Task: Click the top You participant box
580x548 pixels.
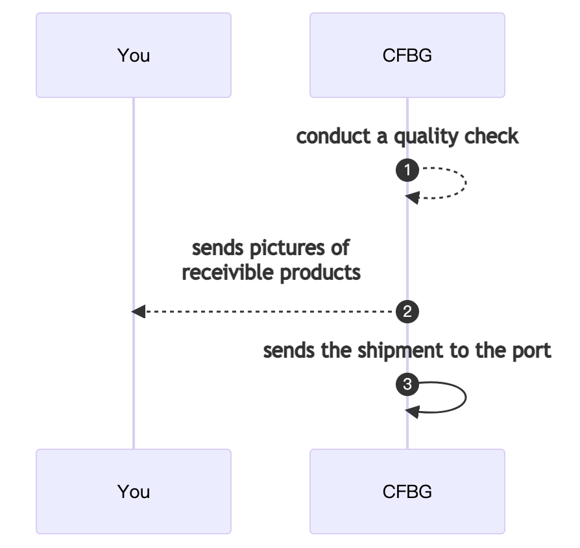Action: point(134,55)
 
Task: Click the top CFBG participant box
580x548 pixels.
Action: point(407,55)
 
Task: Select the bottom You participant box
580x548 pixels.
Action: point(134,492)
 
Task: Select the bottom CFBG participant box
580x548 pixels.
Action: point(407,492)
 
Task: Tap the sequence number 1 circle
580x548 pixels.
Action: point(407,171)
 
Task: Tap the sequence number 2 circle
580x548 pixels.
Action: point(407,312)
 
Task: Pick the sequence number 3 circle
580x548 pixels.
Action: point(407,385)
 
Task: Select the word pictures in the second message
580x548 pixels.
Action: point(286,249)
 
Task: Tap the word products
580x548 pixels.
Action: point(320,273)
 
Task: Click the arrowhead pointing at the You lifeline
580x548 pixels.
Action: point(138,312)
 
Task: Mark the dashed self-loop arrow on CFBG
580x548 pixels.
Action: point(465,183)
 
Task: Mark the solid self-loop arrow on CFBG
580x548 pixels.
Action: point(465,397)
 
